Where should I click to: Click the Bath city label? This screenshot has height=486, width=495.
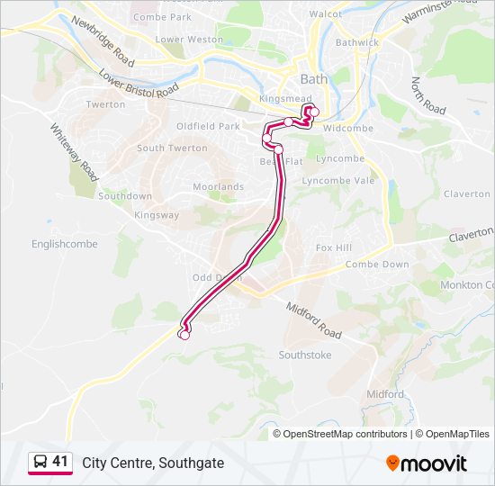pos(313,80)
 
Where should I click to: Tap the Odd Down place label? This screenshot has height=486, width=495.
pos(217,277)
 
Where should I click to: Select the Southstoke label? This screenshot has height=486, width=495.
pos(304,355)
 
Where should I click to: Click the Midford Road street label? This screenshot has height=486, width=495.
pos(314,320)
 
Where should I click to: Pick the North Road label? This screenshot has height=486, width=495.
pos(428,95)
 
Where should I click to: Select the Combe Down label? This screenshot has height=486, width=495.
pos(377,265)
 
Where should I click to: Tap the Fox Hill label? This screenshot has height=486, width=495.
pos(333,247)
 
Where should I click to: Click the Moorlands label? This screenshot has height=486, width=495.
pos(218,187)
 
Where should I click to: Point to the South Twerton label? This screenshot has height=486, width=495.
pos(172,148)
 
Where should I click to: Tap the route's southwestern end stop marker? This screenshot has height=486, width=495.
pos(184,335)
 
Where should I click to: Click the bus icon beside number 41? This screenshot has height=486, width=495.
pos(39,462)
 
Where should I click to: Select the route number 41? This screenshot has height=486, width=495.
pos(60,462)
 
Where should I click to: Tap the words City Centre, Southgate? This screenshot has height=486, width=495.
pos(153,463)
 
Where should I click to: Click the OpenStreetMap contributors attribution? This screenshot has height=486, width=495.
pos(345,434)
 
